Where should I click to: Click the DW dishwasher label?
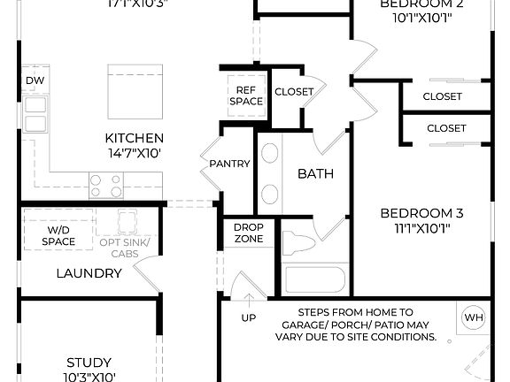coord(34,80)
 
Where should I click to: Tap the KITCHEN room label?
coord(134,138)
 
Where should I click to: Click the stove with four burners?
coord(105,185)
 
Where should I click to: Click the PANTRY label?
coord(229,164)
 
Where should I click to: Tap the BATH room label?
coord(315,173)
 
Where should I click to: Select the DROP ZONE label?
coord(248,233)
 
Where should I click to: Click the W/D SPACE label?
coord(58,235)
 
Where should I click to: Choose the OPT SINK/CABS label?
coord(125,247)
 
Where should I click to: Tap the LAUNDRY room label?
coord(89,273)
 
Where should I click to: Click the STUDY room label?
coord(89,363)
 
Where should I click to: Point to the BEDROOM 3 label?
coord(421,213)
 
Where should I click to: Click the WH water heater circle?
coord(474,317)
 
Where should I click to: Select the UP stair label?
coord(249,317)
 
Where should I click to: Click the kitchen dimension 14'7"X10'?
coord(134,153)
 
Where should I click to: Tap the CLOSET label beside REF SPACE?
coord(293,91)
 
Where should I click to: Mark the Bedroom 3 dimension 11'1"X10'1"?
coord(421,229)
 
